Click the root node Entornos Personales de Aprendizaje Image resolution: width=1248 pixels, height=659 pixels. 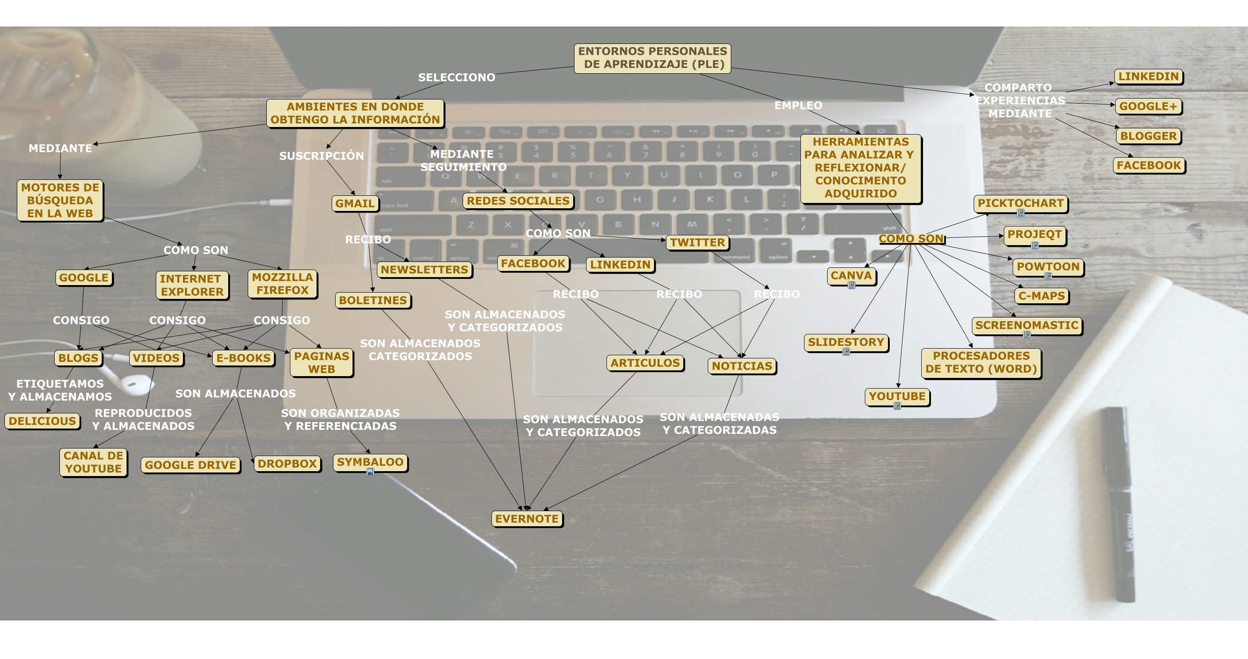[652, 58]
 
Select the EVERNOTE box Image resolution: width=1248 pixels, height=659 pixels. [527, 519]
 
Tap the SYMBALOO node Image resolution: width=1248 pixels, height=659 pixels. [370, 462]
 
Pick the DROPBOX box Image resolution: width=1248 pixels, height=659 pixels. [287, 463]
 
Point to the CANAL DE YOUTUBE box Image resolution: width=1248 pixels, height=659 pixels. [94, 462]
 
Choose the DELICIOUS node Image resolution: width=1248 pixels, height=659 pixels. [43, 421]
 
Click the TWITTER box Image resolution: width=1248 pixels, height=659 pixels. [697, 242]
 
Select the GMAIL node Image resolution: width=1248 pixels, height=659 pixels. [355, 203]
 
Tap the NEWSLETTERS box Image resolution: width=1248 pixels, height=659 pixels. [424, 270]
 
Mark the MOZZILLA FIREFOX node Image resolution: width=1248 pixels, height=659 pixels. [282, 283]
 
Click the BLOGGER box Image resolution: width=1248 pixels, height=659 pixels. [1148, 136]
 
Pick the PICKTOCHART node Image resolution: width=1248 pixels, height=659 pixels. [1020, 203]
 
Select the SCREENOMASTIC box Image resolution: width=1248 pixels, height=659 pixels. [1026, 325]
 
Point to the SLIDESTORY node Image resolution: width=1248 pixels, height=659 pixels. [846, 341]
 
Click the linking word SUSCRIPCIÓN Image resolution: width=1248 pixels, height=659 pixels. [321, 155]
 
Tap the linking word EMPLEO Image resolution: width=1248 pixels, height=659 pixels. [798, 105]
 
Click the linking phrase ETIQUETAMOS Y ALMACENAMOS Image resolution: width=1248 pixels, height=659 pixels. [60, 390]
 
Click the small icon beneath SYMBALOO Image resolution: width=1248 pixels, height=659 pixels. [370, 472]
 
